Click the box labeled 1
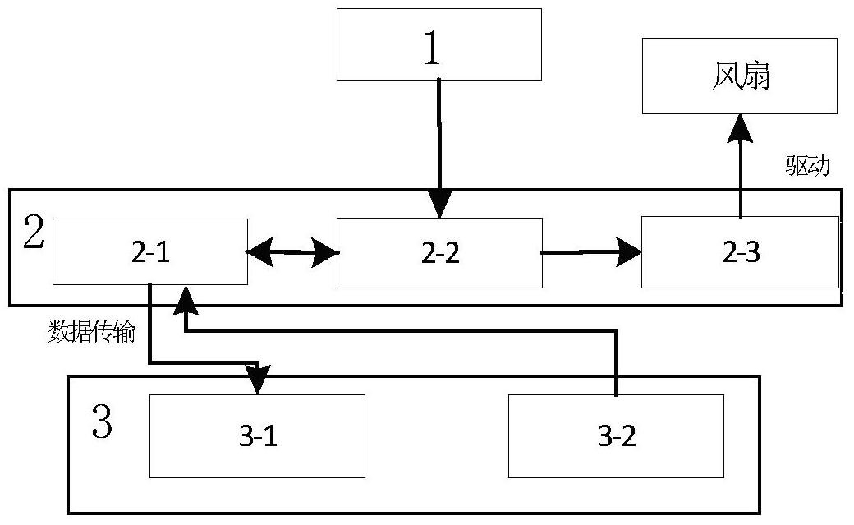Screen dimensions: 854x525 (439, 44)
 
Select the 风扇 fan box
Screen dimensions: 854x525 (740, 76)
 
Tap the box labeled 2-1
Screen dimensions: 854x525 (150, 252)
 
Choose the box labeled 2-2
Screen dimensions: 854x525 (439, 253)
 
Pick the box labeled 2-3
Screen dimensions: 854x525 (740, 252)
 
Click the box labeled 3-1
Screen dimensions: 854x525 (257, 436)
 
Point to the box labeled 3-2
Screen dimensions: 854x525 (616, 436)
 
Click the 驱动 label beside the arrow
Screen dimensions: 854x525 (807, 166)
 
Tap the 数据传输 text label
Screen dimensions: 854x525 (91, 331)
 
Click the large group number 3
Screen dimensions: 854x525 (102, 421)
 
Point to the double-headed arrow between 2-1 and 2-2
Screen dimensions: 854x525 (292, 252)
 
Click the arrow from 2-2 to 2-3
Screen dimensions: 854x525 (591, 252)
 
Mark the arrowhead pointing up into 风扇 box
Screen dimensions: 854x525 (740, 128)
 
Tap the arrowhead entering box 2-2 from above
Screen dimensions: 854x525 (439, 205)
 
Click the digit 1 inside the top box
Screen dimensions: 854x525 (432, 48)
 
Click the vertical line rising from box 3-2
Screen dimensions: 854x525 (617, 362)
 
